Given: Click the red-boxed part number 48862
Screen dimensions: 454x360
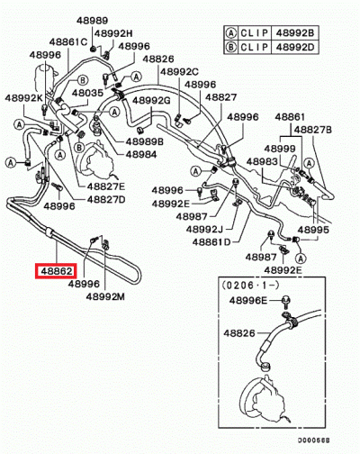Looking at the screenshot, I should click(54, 269).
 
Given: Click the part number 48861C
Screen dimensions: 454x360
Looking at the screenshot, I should click(69, 41).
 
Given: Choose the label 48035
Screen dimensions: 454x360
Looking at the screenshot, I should click(87, 92).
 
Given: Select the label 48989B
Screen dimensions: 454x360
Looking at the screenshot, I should click(144, 141).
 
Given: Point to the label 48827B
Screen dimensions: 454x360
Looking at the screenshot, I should click(310, 130).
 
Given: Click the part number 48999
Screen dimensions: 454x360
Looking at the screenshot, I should click(280, 148).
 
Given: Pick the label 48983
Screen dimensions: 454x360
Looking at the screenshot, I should click(264, 162).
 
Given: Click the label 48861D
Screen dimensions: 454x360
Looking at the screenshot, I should click(209, 241).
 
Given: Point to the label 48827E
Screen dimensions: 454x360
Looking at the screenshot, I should click(106, 186).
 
